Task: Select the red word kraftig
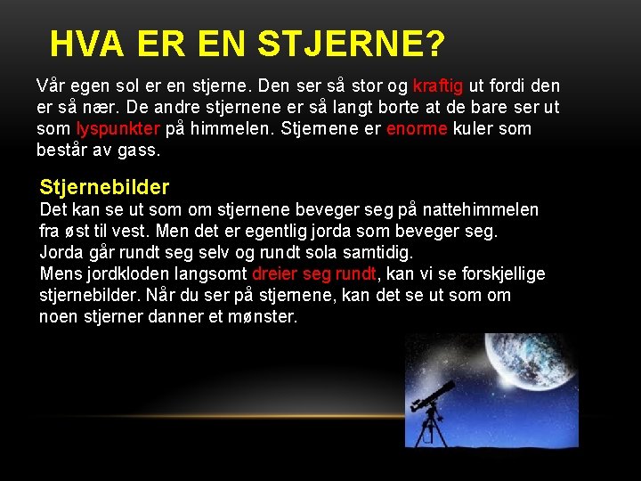point(438,86)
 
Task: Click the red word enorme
point(418,128)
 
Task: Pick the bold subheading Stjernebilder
point(104,187)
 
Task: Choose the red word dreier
point(279,273)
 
